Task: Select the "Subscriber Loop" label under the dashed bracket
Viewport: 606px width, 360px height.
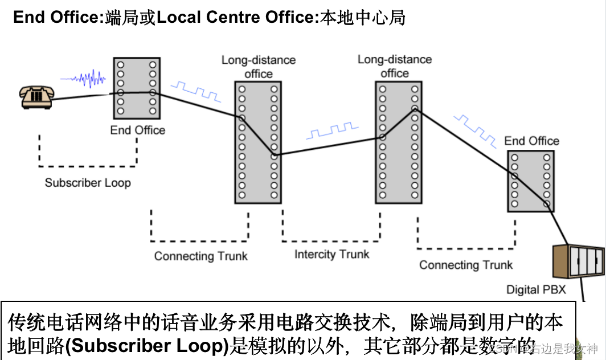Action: [x=88, y=183]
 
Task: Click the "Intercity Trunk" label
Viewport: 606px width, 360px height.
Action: [x=331, y=255]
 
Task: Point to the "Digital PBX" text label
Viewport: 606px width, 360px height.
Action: [x=536, y=290]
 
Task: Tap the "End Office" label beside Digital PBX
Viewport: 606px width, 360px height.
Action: [x=531, y=141]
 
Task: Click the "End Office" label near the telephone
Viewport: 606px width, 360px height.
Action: [x=137, y=130]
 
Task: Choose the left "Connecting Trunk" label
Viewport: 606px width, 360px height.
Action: [x=200, y=256]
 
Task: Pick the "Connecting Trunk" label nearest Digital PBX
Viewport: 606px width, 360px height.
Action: [x=466, y=265]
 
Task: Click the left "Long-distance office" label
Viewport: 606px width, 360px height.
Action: [x=259, y=67]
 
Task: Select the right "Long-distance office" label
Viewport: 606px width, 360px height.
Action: [x=395, y=66]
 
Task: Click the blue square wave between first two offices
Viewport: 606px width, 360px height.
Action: [x=197, y=91]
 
